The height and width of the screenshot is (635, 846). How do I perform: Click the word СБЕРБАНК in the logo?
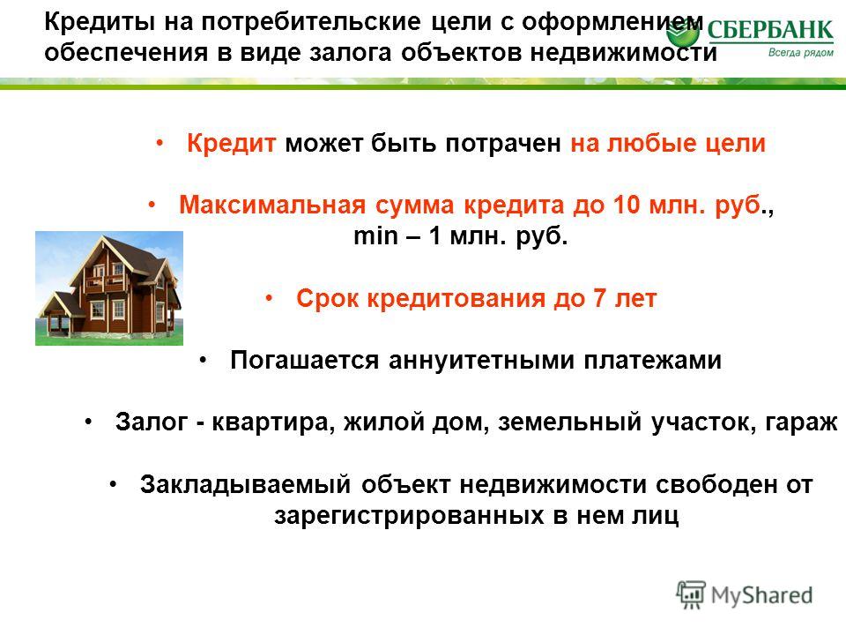point(770,30)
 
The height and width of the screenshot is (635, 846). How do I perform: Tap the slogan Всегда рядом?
point(801,52)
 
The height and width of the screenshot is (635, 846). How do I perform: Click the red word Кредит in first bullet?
point(232,144)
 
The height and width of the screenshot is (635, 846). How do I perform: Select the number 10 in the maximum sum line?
point(626,205)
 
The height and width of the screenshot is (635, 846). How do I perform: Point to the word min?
point(375,236)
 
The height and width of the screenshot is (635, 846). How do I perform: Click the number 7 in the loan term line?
point(599,298)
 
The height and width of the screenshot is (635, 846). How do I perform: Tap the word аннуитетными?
point(481,360)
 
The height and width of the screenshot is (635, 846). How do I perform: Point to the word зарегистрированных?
point(409,516)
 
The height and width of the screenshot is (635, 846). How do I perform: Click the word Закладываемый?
point(246,484)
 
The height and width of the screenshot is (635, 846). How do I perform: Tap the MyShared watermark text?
point(761,595)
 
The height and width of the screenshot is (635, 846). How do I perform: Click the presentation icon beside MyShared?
point(691,594)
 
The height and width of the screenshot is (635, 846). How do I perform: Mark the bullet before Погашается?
point(203,361)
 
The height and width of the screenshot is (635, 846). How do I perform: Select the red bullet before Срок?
point(270,299)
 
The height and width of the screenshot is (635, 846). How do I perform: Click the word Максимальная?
point(272,205)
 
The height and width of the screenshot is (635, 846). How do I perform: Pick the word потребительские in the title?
point(311,22)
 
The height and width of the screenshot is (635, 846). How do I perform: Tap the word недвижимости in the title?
point(623,53)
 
